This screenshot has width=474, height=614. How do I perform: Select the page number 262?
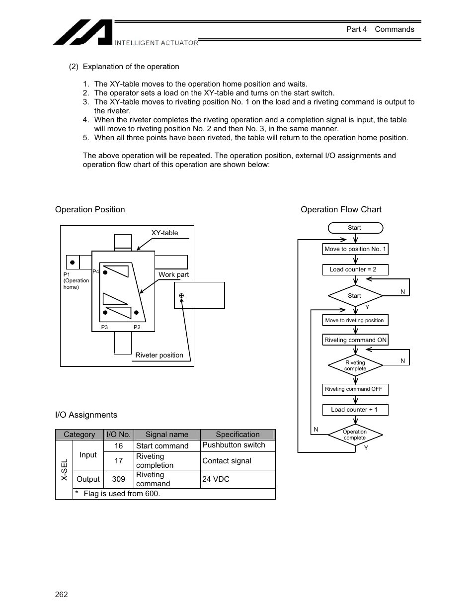point(62,595)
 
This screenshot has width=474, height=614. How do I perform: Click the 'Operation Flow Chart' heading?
point(341,209)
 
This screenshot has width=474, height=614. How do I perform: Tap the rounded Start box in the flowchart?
point(355,228)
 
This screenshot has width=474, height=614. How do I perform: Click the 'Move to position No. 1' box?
point(355,249)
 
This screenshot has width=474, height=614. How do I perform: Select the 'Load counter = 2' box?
point(355,269)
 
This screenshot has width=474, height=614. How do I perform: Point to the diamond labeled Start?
point(355,296)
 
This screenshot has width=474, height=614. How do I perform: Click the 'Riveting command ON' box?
point(355,340)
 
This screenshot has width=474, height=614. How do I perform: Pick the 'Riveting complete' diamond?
point(355,365)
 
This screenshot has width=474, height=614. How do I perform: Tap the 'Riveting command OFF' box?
point(355,389)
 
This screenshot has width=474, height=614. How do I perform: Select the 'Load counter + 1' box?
point(355,410)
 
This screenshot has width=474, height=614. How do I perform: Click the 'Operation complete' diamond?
point(355,435)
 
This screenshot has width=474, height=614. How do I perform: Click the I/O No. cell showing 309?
point(118,479)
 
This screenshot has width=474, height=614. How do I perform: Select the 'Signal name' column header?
point(167,435)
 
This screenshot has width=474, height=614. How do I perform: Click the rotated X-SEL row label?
point(64,470)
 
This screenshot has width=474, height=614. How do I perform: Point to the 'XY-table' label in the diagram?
point(164,233)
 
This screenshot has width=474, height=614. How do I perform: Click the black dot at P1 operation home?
point(73,262)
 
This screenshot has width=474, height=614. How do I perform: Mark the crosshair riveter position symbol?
point(181,295)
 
